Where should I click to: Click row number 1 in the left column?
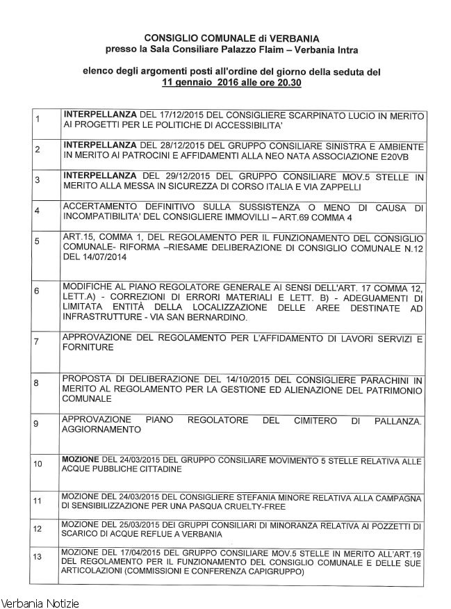36,119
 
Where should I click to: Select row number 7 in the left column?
36,341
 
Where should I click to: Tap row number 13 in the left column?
38,556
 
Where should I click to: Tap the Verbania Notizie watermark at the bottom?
40,602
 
